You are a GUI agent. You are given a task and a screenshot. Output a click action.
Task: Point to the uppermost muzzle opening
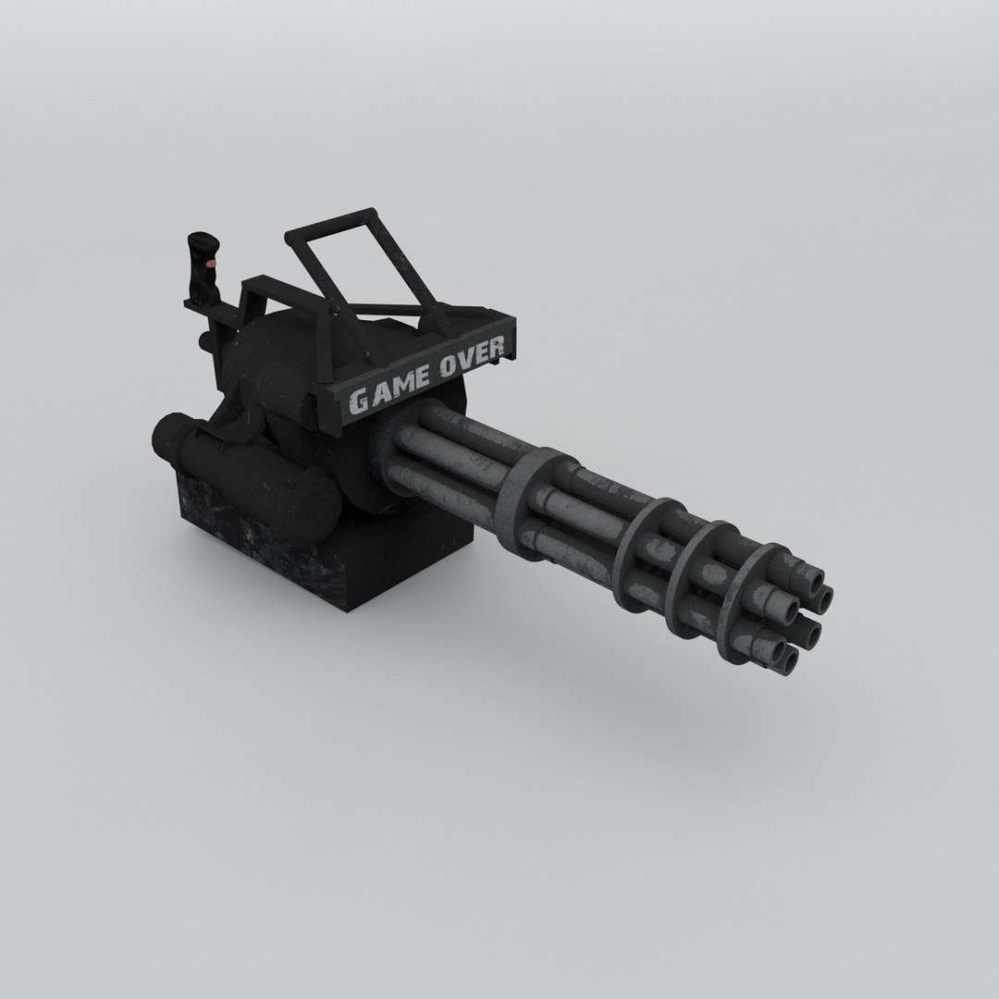click(x=814, y=582)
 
